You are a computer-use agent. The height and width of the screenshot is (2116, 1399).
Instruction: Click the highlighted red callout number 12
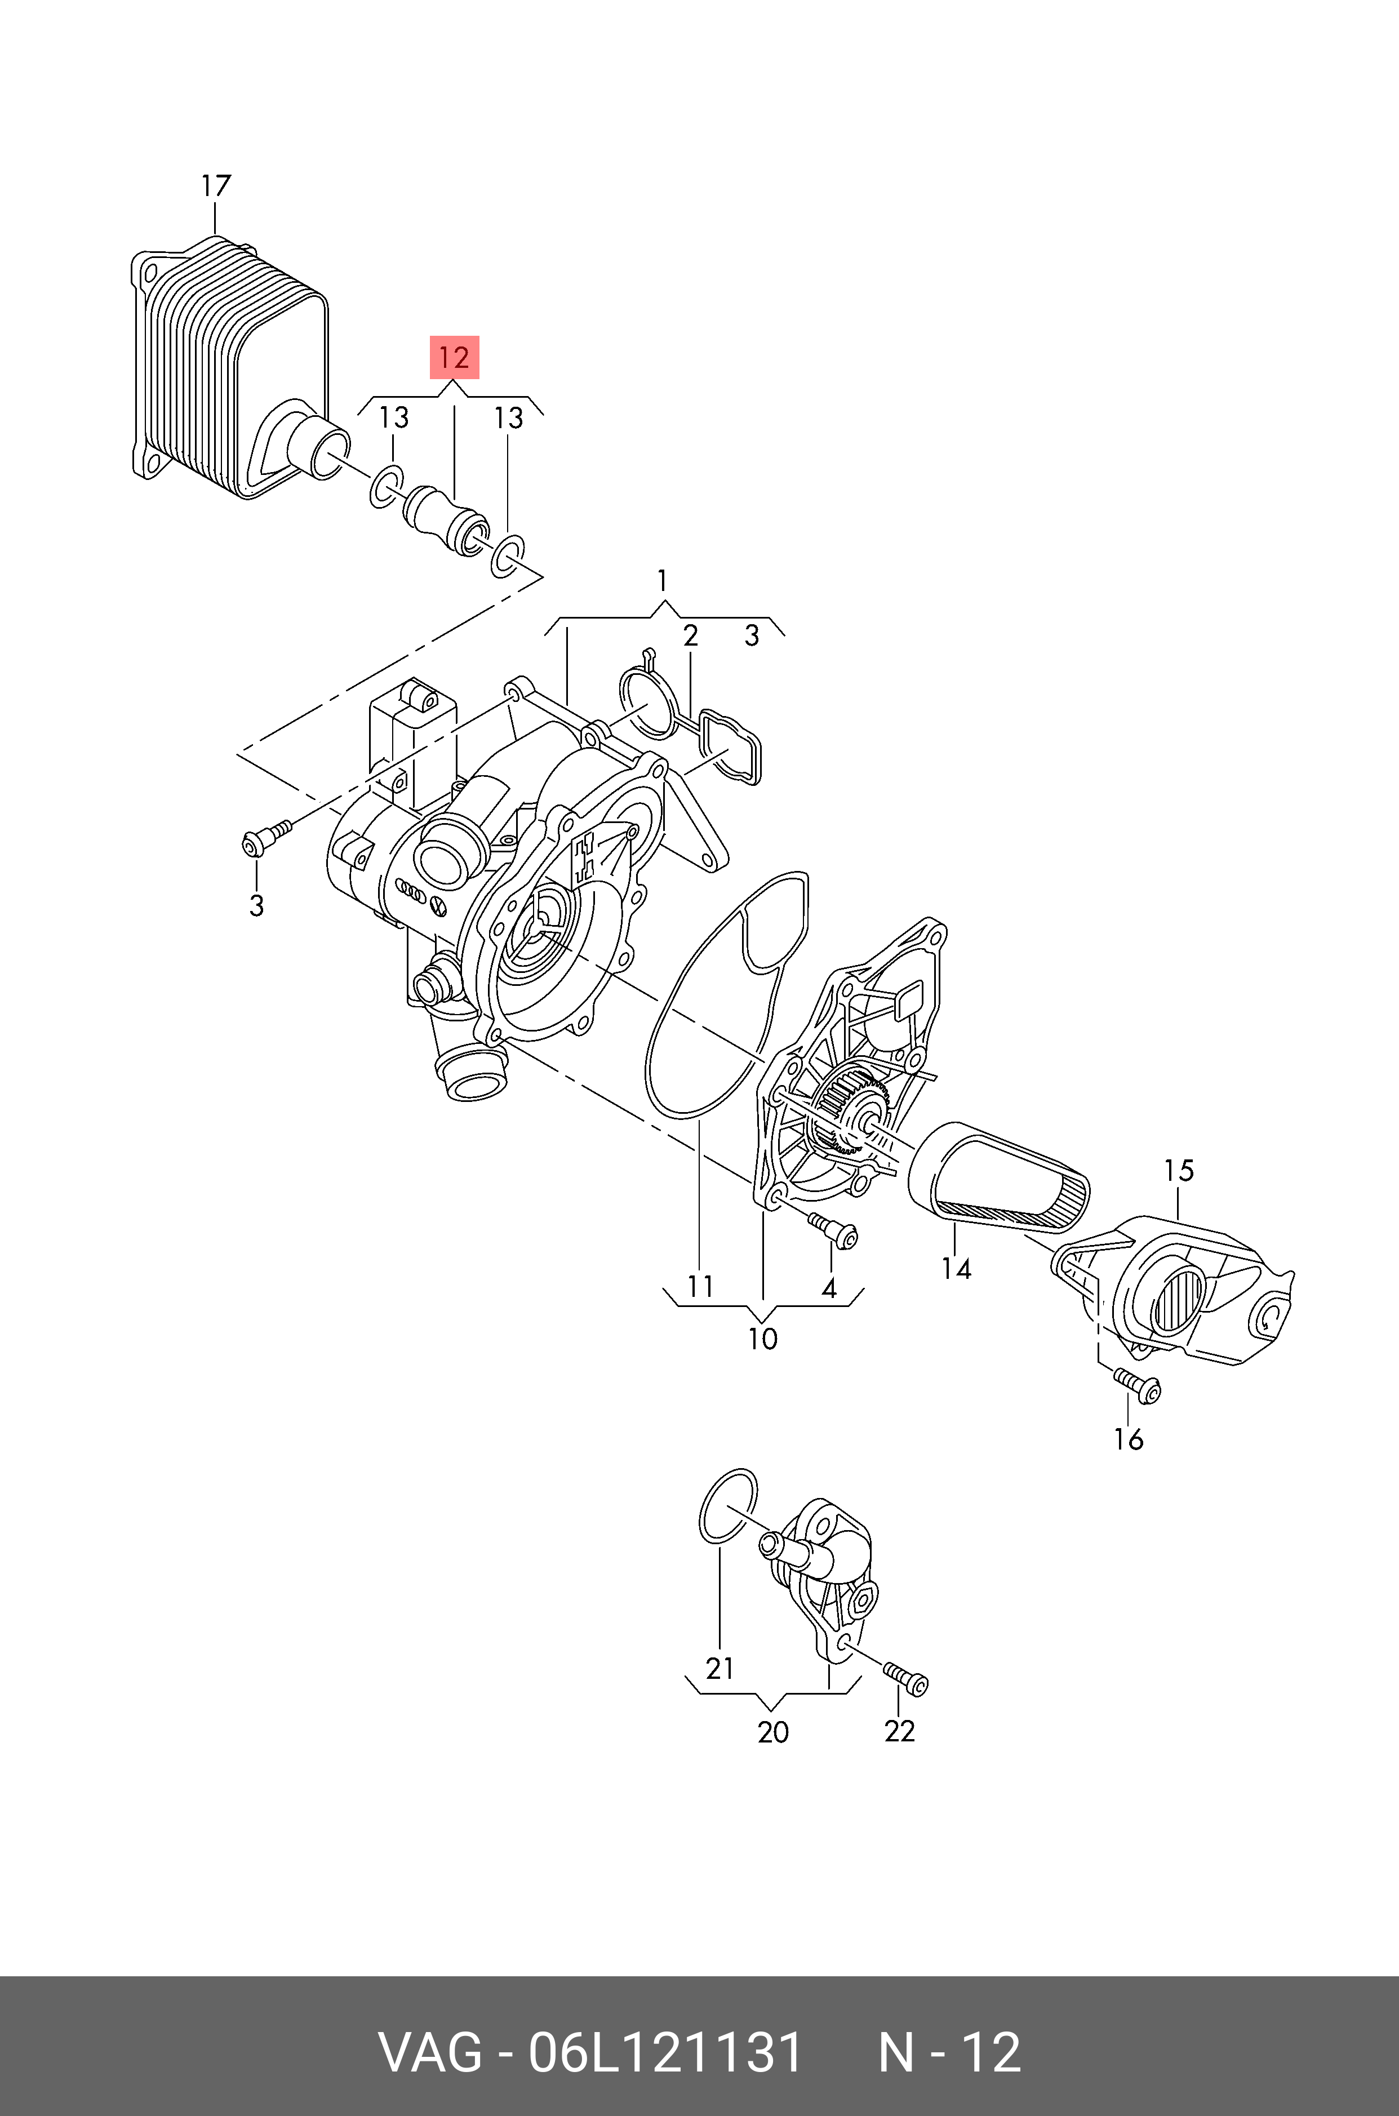tap(454, 358)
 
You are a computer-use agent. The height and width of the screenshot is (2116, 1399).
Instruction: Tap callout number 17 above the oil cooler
tap(216, 186)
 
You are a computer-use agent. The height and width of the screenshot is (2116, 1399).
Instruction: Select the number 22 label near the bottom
tap(899, 1731)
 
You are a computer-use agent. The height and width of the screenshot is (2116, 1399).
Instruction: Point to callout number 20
tap(772, 1732)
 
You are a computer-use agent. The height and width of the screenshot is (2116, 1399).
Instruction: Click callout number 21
tap(719, 1668)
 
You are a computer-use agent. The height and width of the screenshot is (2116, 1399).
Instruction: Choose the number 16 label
tap(1129, 1439)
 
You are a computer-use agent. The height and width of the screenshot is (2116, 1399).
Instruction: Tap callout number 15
tap(1179, 1171)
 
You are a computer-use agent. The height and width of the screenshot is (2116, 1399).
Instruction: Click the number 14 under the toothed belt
tap(956, 1268)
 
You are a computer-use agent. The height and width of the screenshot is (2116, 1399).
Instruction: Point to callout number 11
tap(700, 1286)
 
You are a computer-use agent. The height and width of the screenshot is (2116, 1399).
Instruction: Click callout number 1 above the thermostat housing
tap(662, 581)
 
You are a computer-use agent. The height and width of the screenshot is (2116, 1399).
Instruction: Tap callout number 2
tap(690, 636)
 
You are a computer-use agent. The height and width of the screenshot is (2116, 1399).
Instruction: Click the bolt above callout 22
tap(905, 1677)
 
